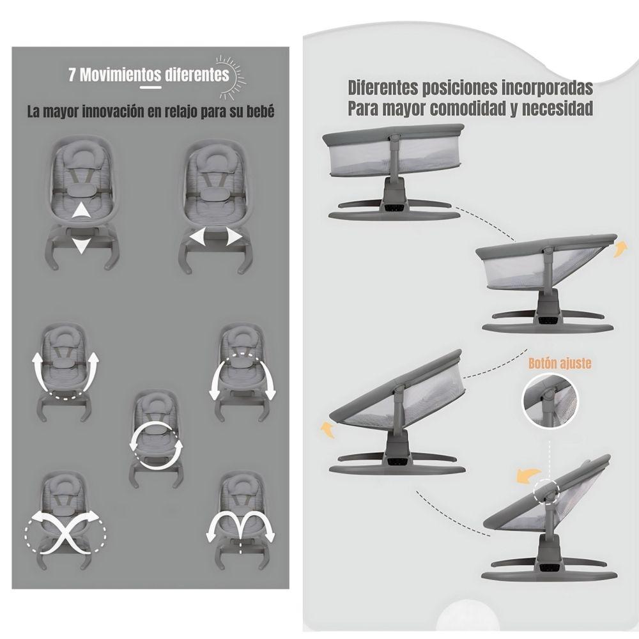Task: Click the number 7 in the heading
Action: tap(73, 75)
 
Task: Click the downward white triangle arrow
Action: tap(79, 246)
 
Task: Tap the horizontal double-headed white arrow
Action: tap(215, 238)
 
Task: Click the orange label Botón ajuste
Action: tap(560, 364)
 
